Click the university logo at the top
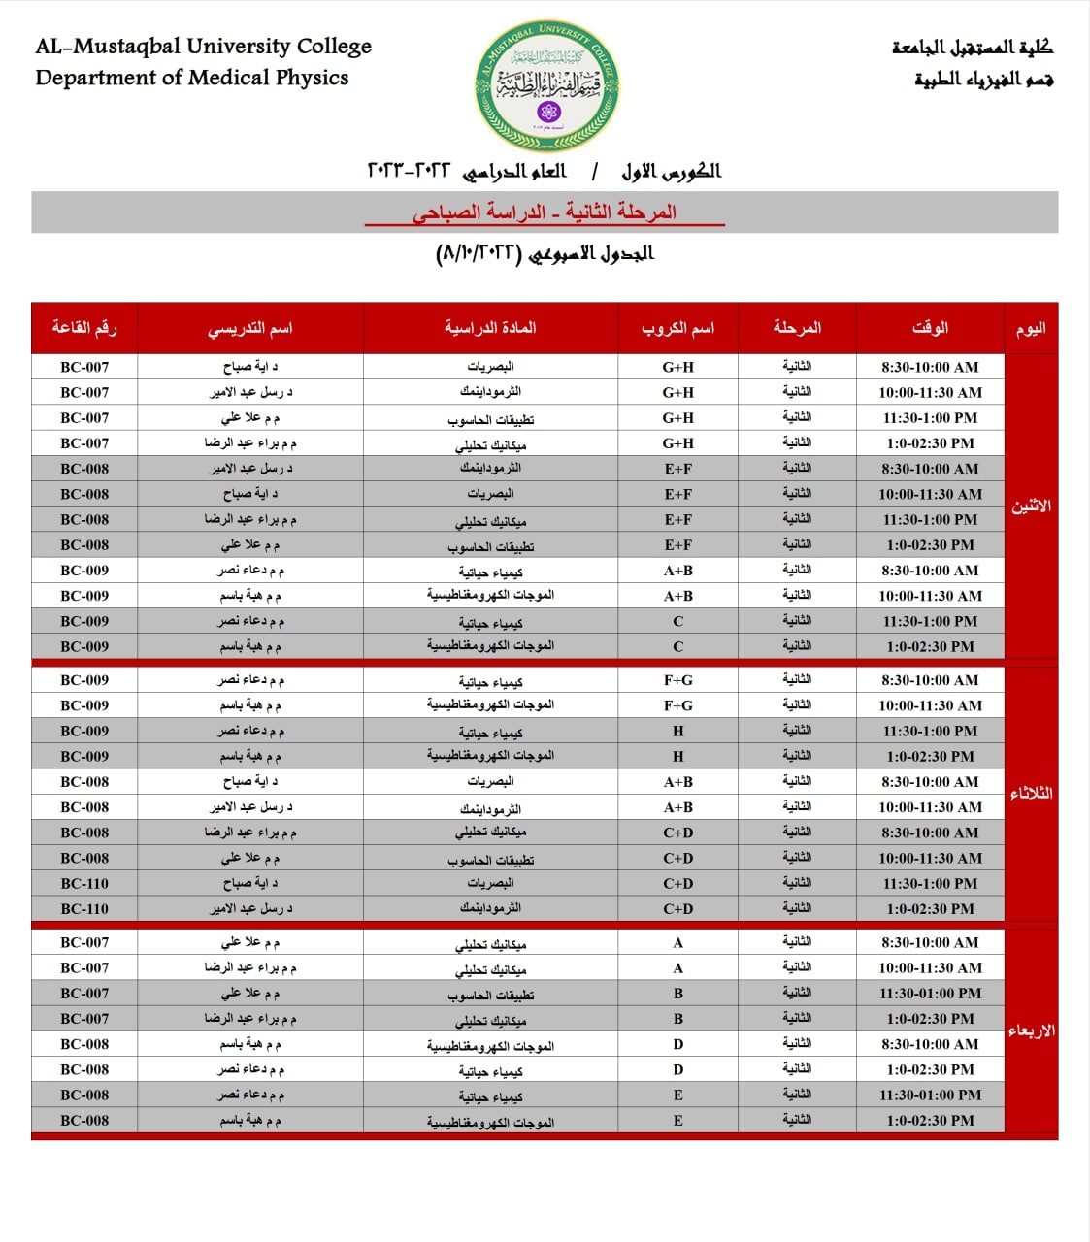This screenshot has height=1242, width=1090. (547, 87)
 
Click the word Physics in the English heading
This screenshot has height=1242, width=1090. (312, 78)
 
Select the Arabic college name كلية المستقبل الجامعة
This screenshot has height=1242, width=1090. (972, 47)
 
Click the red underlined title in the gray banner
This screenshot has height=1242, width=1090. (545, 212)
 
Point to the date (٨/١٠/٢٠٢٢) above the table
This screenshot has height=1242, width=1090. (479, 254)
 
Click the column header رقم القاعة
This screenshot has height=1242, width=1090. (84, 328)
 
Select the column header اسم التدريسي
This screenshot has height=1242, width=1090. (249, 328)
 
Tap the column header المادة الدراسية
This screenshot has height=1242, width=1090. (490, 328)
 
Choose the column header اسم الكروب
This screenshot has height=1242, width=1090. (677, 328)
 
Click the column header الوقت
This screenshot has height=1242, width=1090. (930, 328)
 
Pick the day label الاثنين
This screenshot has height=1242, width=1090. (1031, 506)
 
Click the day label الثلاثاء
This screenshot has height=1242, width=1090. (1031, 794)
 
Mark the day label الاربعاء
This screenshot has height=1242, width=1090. (1031, 1030)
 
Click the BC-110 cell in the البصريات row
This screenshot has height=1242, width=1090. (84, 883)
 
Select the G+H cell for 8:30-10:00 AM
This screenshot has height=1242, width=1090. (677, 367)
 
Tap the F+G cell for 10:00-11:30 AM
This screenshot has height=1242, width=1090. (677, 705)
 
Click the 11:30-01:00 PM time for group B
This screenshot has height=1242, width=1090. (930, 994)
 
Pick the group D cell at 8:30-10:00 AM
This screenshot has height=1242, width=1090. (677, 1044)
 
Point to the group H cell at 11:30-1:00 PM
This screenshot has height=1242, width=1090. (677, 731)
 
